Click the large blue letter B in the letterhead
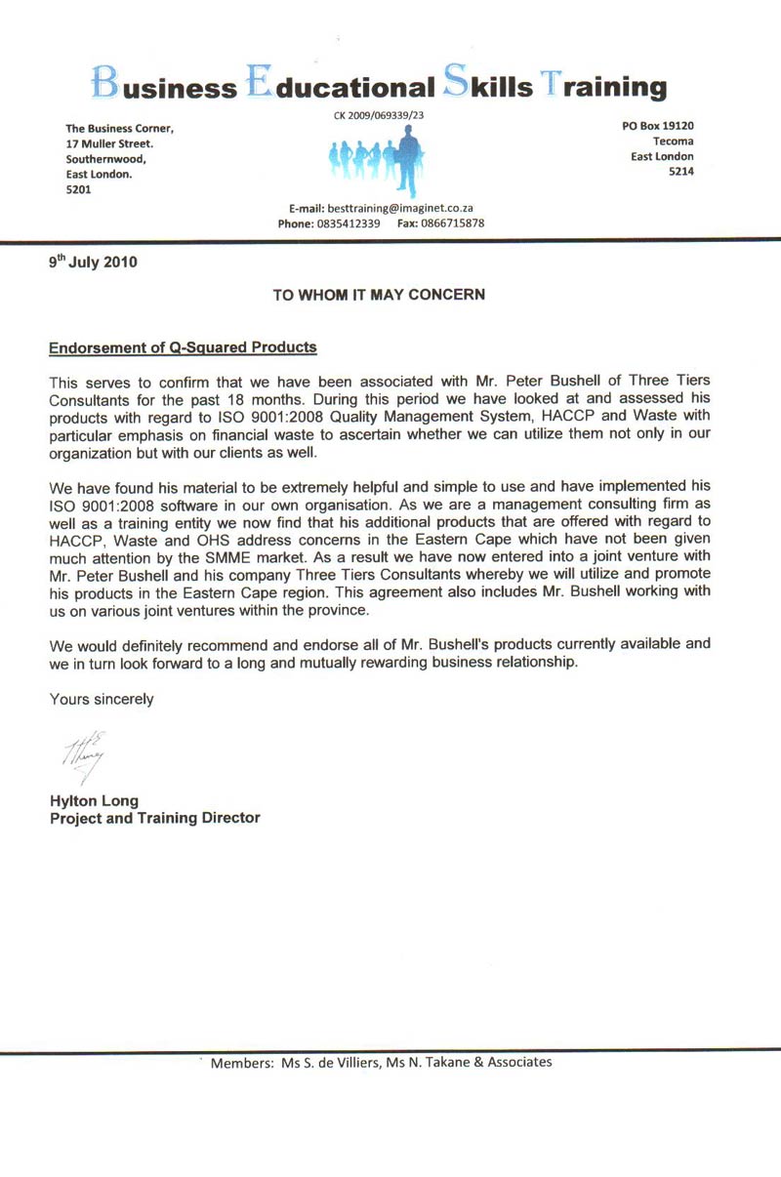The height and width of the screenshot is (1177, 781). click(104, 83)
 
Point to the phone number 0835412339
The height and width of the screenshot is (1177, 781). click(348, 223)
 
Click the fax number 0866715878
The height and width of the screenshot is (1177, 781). click(453, 223)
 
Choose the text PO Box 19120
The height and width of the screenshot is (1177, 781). click(658, 126)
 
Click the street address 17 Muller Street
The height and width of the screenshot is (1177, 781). click(107, 143)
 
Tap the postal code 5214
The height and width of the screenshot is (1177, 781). click(680, 173)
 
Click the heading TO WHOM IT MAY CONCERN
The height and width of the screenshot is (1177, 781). click(378, 294)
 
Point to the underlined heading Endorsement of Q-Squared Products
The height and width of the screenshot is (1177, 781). click(183, 347)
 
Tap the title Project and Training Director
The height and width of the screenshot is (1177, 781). click(154, 818)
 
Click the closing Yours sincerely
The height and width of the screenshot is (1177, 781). click(102, 699)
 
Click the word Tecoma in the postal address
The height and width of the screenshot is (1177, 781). click(674, 142)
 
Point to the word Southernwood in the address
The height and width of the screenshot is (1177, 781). click(105, 159)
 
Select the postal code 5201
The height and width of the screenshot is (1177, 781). click(78, 190)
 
